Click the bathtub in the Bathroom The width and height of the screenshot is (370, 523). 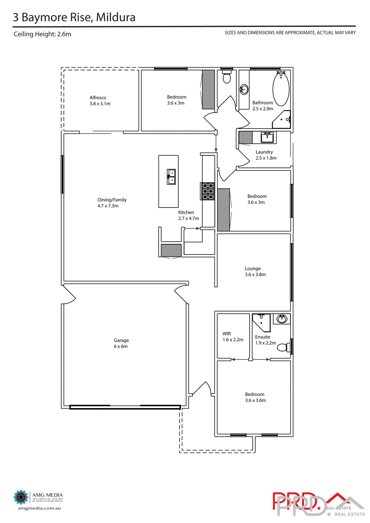point(281,89)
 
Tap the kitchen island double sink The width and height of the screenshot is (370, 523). point(171,177)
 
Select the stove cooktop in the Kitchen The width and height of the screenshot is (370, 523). point(207,191)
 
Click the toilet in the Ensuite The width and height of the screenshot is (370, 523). point(283,347)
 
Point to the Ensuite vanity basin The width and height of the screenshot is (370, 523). point(282,318)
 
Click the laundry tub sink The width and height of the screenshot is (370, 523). point(267,137)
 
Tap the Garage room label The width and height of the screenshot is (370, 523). point(121,340)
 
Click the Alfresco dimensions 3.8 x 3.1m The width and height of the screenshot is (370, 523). point(100,104)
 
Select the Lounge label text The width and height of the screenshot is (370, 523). point(253,269)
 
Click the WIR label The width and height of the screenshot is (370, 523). point(227,334)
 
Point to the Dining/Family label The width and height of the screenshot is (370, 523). point(112,200)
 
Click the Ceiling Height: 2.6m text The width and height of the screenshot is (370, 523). point(43,34)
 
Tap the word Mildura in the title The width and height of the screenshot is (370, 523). point(116,17)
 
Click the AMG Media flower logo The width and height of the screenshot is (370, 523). point(21,497)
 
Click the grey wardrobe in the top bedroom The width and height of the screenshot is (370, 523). point(208,90)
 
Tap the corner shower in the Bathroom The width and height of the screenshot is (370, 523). point(282,120)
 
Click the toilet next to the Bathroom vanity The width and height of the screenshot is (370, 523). point(227,77)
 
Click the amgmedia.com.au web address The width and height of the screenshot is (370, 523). point(39,508)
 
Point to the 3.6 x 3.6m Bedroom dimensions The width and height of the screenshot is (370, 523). point(255,400)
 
